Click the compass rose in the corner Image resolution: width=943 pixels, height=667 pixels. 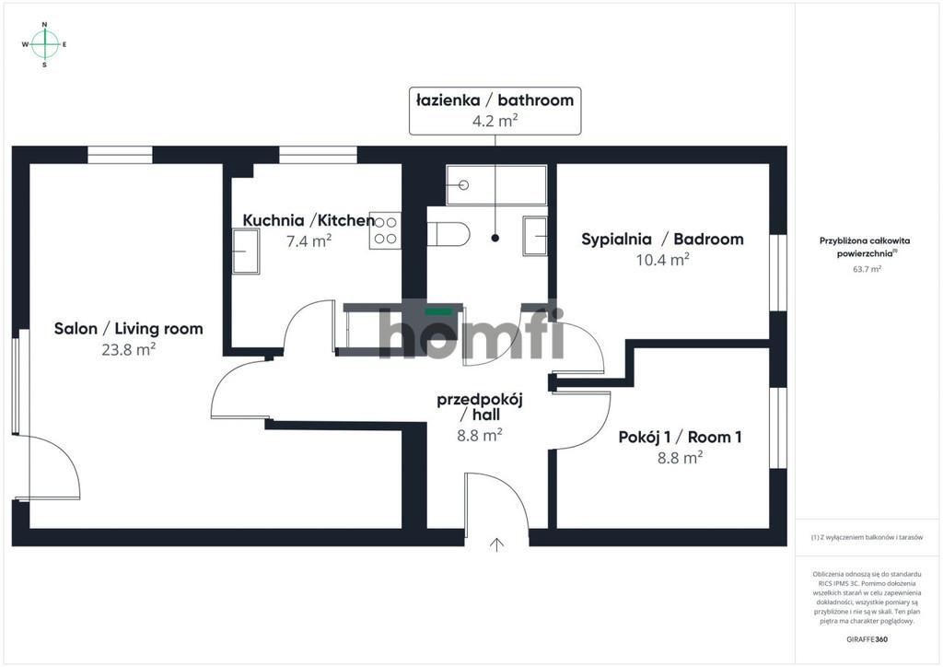point(44,44)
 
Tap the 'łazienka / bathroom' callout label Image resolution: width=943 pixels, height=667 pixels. point(495,111)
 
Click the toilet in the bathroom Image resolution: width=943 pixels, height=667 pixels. point(448,234)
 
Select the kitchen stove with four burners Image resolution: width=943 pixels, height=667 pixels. point(385,230)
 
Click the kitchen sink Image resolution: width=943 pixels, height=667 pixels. point(246,252)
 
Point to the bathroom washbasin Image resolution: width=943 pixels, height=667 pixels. point(535,236)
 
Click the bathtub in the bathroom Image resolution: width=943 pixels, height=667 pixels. point(496,185)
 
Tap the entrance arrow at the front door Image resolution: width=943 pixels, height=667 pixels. point(496,544)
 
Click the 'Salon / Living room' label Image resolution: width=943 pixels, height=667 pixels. point(129,328)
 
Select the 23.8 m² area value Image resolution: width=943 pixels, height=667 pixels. point(129,349)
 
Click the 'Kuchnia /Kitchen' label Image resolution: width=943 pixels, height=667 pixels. point(309,220)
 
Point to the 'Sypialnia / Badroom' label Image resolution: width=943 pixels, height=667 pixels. point(662,239)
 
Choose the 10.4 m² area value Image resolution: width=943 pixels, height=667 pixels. point(663,260)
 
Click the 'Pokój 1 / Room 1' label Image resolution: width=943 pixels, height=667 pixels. point(681,438)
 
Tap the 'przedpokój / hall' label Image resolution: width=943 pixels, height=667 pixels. point(480,407)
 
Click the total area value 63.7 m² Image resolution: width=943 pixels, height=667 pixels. point(867,269)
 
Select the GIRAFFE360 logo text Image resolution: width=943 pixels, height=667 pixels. point(867,639)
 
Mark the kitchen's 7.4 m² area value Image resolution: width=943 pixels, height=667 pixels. point(309,241)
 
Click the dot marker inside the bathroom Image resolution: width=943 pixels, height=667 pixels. point(495,239)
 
